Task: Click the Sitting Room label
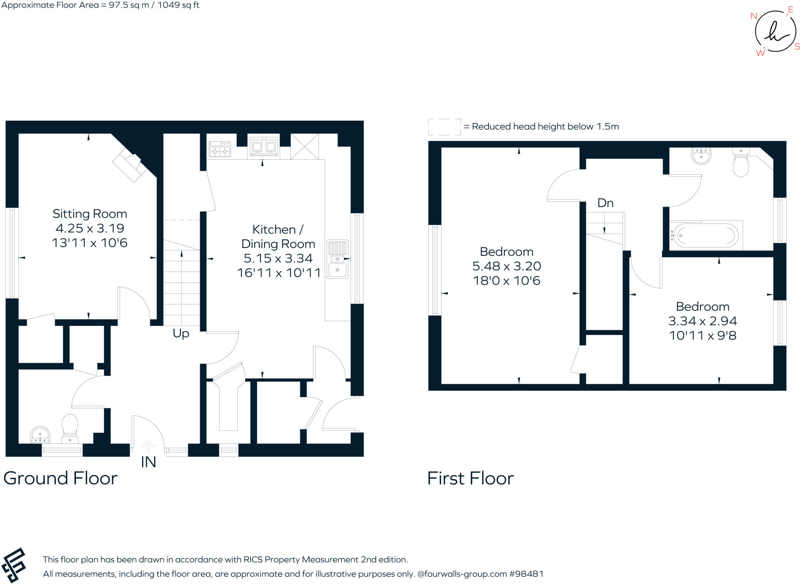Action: pyautogui.click(x=90, y=214)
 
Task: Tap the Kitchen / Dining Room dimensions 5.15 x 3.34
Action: pyautogui.click(x=278, y=258)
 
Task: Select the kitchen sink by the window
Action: pyautogui.click(x=337, y=259)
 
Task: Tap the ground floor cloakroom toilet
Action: pyautogui.click(x=70, y=428)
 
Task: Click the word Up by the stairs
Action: pyautogui.click(x=181, y=333)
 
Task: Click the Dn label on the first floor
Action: pyautogui.click(x=605, y=203)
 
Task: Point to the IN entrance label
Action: pyautogui.click(x=148, y=462)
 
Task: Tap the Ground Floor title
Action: pyautogui.click(x=60, y=478)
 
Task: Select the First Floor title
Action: pyautogui.click(x=470, y=479)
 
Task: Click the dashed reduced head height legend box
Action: pyautogui.click(x=444, y=127)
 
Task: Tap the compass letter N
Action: pyautogui.click(x=754, y=16)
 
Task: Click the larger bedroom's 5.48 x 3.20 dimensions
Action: pyautogui.click(x=507, y=266)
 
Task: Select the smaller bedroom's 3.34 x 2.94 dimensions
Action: pyautogui.click(x=702, y=321)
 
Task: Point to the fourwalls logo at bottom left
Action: pyautogui.click(x=14, y=565)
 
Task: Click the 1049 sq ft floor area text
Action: pyautogui.click(x=178, y=5)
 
